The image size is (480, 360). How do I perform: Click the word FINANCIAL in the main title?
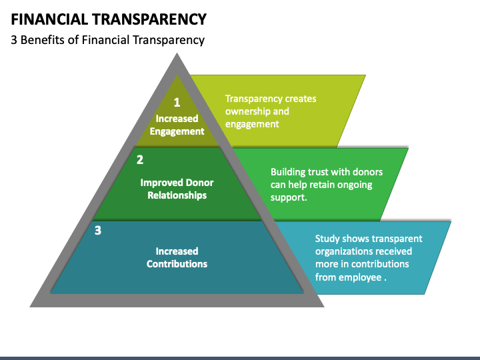pos(49,19)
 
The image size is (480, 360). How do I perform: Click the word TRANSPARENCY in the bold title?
pos(149,19)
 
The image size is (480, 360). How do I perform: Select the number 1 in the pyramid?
pos(177,102)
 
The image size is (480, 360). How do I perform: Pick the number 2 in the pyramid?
pos(140,160)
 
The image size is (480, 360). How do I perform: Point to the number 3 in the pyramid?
pos(98,230)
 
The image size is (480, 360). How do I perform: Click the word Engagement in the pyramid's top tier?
pos(177,131)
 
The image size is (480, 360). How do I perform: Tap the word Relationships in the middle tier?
pos(177,195)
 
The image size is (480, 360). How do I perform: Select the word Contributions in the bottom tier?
pos(177,264)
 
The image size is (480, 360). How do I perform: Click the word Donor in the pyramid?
pos(199,183)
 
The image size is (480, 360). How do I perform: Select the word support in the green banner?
pos(289,198)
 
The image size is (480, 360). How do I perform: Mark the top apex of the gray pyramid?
pos(177,53)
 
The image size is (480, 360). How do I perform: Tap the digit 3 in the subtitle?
pos(14,40)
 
